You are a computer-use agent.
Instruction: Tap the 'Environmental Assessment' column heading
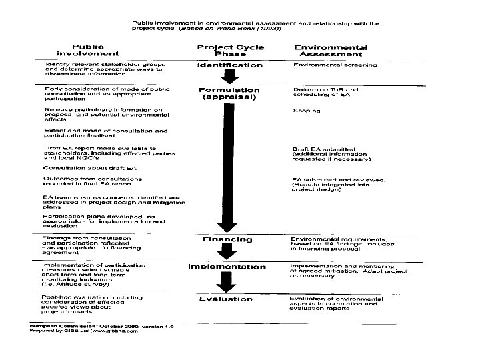331,51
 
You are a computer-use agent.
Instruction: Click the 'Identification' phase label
229,65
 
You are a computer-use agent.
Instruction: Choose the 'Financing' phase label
228,239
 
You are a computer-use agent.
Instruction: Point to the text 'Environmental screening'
335,65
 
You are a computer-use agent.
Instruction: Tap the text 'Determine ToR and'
326,89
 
